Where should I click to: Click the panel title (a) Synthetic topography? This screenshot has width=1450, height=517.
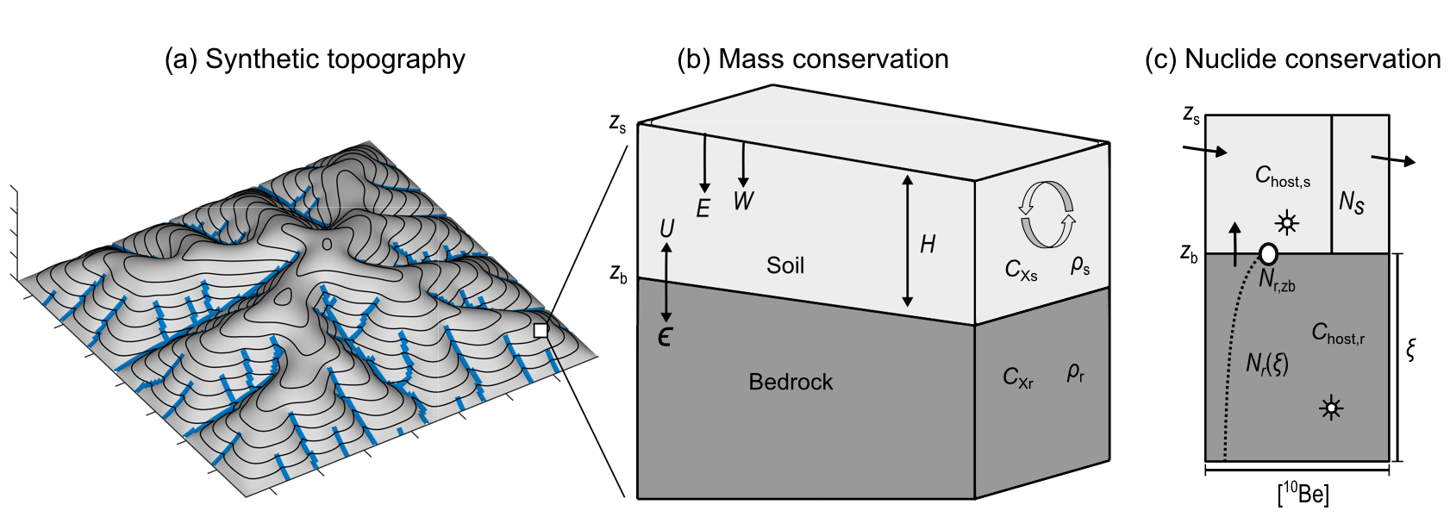tap(315, 59)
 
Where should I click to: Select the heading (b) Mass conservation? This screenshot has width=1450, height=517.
tap(812, 59)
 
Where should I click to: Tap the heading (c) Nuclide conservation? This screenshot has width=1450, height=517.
tap(1293, 59)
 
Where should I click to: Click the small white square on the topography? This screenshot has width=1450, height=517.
tap(541, 331)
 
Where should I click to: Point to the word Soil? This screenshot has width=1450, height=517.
tap(785, 265)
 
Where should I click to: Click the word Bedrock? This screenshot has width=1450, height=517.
tap(791, 382)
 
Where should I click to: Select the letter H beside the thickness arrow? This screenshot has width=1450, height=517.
tap(928, 244)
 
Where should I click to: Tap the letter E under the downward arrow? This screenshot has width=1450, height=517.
tap(703, 209)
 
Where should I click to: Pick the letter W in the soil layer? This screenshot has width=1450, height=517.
tap(744, 201)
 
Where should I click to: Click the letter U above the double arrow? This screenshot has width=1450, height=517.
tap(666, 228)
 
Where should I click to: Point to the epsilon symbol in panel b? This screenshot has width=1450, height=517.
tap(665, 337)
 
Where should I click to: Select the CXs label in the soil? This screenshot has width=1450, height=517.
tap(1021, 270)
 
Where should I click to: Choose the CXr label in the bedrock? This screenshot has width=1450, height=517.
tap(1018, 377)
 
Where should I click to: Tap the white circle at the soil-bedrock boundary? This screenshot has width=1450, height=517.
tap(1268, 253)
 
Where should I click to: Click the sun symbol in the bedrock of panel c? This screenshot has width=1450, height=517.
tap(1331, 408)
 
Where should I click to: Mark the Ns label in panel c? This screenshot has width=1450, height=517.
tap(1352, 202)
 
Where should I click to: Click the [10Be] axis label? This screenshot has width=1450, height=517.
tap(1303, 494)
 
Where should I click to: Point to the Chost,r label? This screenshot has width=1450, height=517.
tap(1338, 333)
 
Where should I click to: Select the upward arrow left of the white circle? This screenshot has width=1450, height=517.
tap(1235, 244)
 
